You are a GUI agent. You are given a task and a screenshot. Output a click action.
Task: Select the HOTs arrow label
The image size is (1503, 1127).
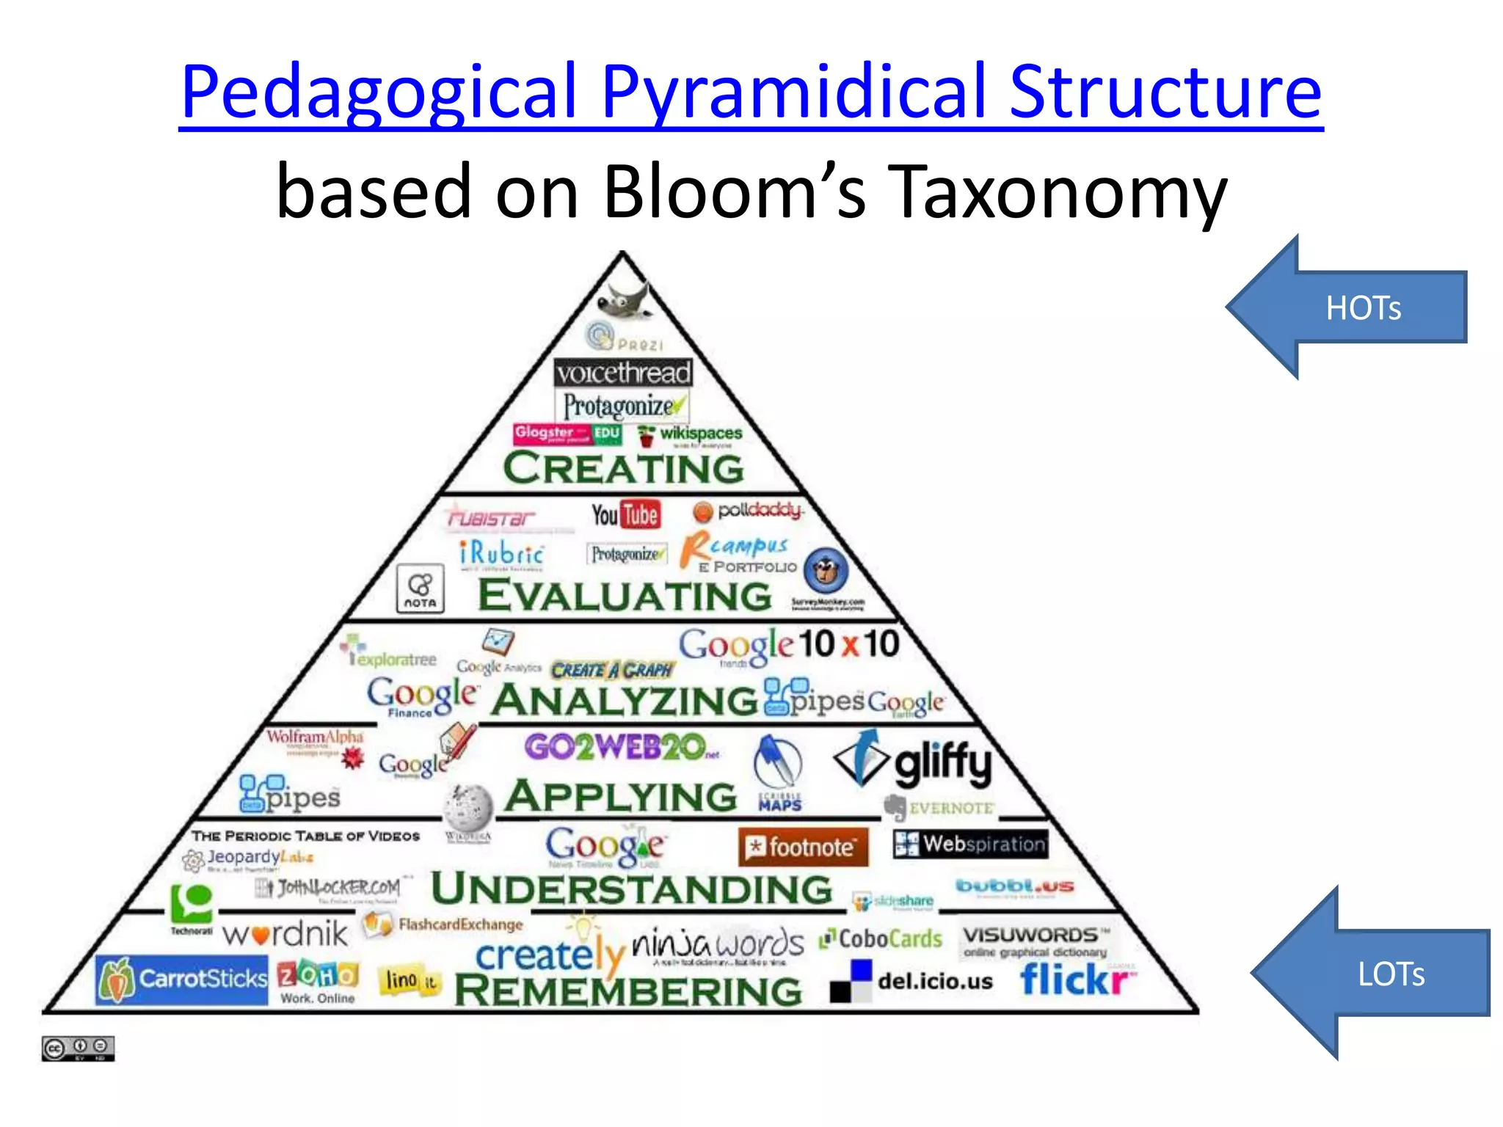pos(1363,308)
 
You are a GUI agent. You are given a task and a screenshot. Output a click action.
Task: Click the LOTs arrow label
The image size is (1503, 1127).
pos(1391,974)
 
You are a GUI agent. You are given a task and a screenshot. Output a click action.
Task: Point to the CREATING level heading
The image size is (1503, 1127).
pos(623,468)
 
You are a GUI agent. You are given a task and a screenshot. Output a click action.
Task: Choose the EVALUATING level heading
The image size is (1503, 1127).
pos(625,595)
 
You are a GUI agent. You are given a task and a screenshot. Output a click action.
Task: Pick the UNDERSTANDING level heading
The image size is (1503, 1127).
pos(631,889)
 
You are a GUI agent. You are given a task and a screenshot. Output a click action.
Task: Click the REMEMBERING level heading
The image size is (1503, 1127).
pos(628,991)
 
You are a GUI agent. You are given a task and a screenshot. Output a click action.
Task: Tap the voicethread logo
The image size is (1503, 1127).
pos(623,373)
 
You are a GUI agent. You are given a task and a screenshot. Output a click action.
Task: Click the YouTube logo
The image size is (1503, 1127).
pos(626,514)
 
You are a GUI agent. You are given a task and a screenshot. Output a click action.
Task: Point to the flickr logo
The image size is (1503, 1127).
pos(1076,980)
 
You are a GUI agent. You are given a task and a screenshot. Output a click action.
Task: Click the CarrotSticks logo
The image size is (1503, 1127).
pos(182,979)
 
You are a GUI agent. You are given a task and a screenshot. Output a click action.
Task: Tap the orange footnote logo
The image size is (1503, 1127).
pos(803,847)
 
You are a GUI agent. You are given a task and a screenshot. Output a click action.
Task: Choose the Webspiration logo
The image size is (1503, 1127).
pos(970,844)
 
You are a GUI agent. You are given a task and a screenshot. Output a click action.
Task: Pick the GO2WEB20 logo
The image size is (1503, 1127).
pos(616,748)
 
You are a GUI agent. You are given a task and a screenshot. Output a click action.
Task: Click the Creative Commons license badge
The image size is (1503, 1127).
pos(78,1048)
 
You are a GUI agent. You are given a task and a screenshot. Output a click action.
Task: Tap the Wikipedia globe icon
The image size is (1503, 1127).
pos(467,808)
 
